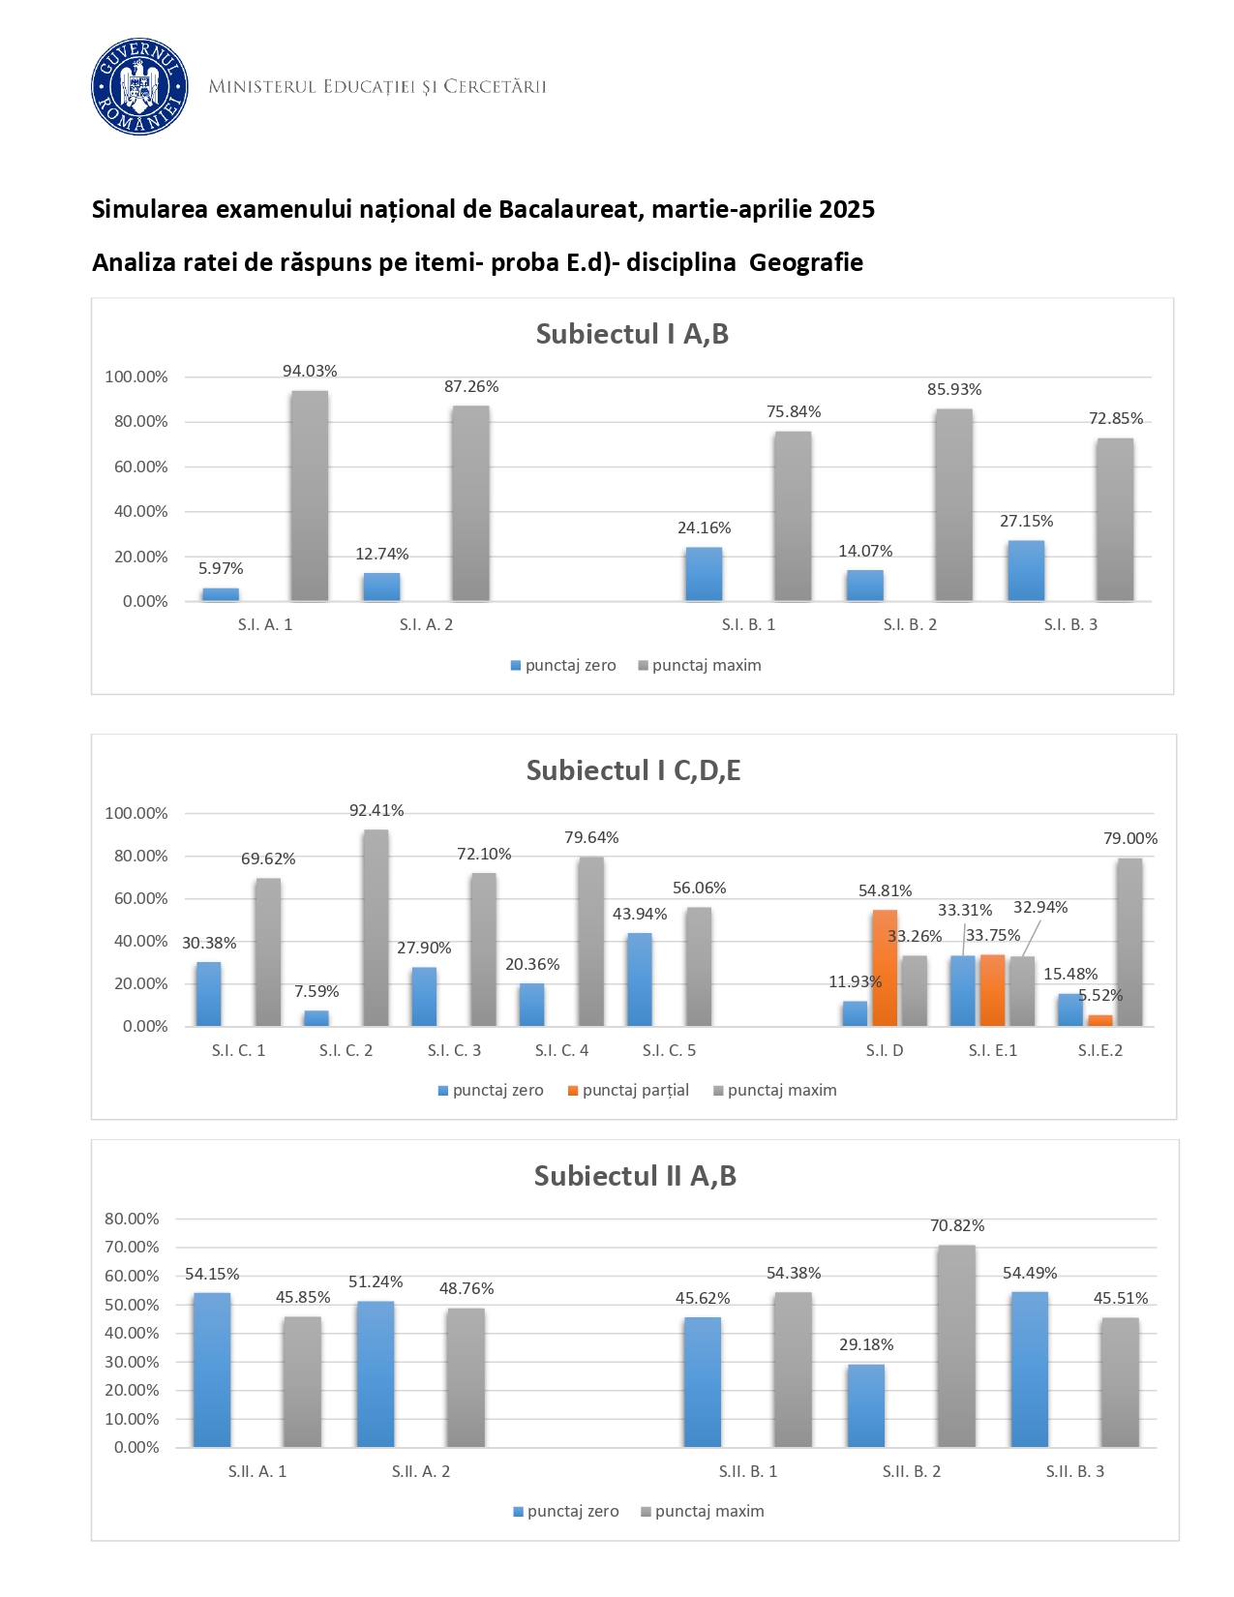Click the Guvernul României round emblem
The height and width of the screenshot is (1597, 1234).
point(139,87)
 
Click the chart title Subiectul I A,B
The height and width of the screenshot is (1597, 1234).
point(632,334)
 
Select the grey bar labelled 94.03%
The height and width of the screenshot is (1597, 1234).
point(310,496)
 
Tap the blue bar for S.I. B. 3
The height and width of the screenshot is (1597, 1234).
point(1026,571)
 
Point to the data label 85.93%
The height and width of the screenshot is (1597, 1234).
point(954,389)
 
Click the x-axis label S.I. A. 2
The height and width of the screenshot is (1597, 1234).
point(426,625)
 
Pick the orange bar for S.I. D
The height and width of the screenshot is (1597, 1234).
point(885,968)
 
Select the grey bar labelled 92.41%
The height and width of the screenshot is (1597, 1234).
point(376,927)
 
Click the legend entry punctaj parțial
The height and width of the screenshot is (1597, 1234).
point(635,1090)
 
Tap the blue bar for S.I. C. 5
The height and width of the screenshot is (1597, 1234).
point(639,979)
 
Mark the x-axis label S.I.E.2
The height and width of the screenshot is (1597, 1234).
point(1100,1051)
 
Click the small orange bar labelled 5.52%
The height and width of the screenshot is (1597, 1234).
point(1099,1020)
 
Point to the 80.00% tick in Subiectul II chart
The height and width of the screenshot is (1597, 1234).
point(135,1219)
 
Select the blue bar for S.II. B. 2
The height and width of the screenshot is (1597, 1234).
point(866,1405)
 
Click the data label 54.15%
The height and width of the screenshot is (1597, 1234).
point(212,1275)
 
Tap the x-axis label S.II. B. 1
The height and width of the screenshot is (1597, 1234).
point(747,1472)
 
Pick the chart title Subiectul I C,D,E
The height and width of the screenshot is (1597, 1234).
point(633,770)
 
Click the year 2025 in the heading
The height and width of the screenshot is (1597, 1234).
point(847,209)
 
